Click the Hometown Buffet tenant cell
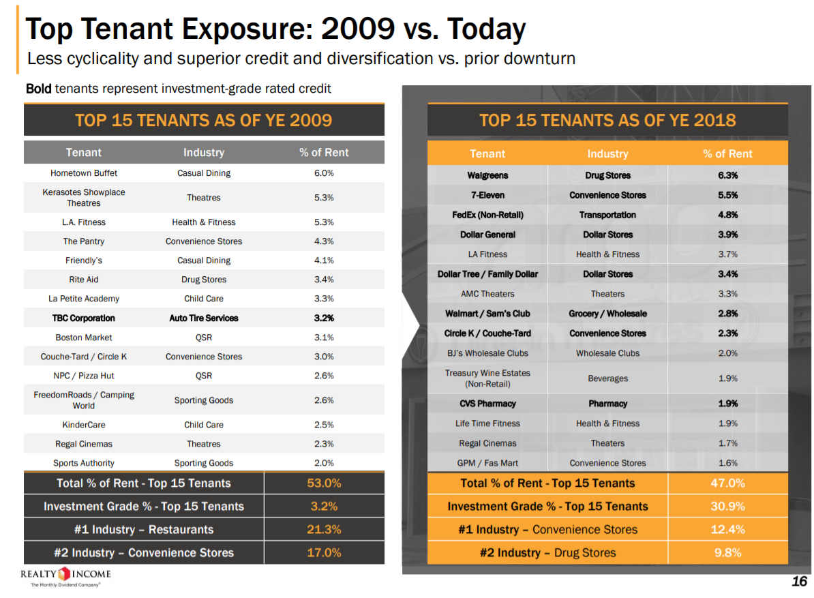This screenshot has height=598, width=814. point(84,173)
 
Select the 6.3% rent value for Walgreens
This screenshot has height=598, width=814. point(727,175)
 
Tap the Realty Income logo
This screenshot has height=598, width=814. point(65,575)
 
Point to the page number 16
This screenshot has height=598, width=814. point(799,581)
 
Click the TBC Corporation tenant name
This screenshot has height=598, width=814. point(84,318)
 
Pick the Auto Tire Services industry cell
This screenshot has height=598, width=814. point(204,318)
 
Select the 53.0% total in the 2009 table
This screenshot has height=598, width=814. point(324,483)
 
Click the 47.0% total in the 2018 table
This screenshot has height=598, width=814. point(727,483)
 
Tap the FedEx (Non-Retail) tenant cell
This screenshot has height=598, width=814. point(487,215)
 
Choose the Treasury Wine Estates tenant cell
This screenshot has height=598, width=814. point(487,378)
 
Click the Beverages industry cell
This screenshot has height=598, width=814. point(607,378)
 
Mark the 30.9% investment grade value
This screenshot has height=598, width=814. point(727,507)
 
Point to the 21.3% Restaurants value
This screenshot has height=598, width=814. point(324,530)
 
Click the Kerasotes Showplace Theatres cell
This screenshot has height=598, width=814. point(84,198)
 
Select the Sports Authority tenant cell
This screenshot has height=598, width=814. point(84,463)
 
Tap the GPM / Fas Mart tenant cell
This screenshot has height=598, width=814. point(487,463)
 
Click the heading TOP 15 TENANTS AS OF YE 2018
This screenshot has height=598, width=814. point(607,121)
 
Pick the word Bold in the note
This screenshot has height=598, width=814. point(38,89)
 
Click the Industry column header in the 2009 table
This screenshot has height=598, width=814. point(204,153)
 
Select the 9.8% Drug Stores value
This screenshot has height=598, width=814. point(727,553)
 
